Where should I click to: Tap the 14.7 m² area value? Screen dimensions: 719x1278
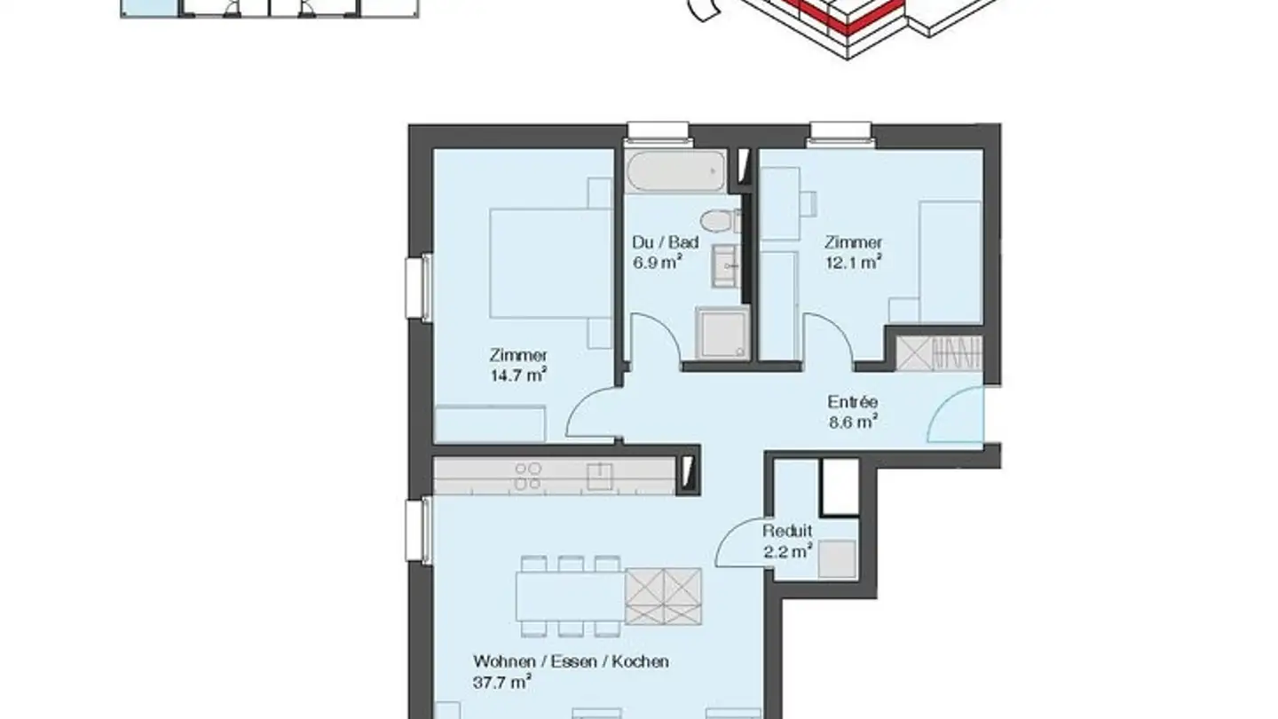519,375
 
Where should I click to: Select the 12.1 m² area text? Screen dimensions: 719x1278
853,262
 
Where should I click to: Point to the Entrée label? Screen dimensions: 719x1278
851,403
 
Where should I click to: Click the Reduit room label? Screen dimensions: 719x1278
786,532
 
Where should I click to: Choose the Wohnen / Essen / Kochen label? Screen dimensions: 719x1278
570,662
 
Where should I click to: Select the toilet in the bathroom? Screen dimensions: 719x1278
715,220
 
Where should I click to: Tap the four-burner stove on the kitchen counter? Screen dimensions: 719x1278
528,476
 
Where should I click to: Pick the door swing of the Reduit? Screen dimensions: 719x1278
741,548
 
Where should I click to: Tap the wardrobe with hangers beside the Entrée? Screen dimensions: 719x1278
939,354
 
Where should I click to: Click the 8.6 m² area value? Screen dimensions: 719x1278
851,423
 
